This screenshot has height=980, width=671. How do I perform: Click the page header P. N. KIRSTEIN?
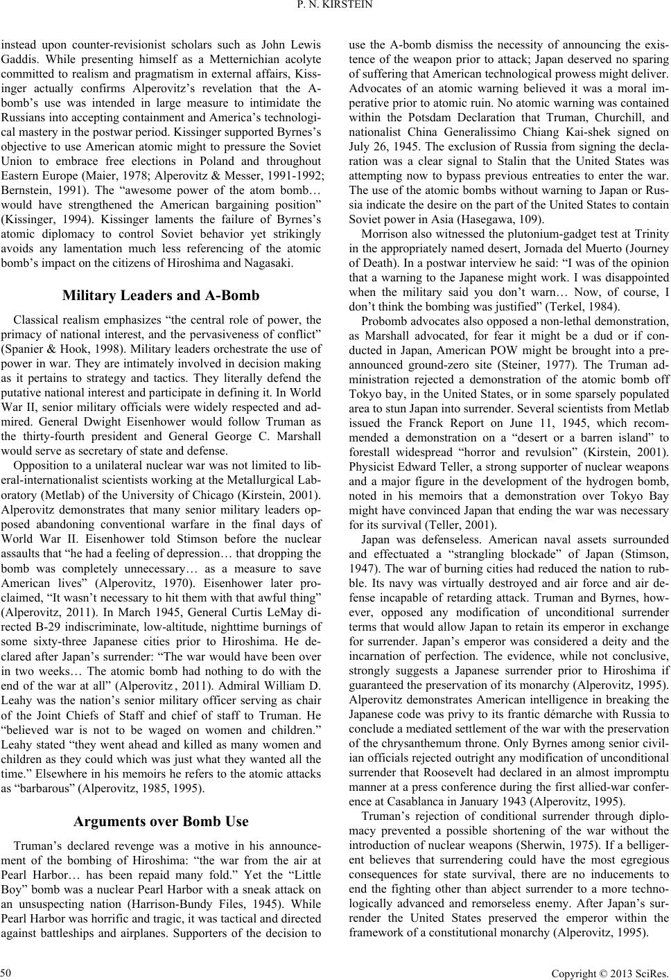335,8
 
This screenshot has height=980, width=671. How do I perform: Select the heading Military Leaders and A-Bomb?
161,295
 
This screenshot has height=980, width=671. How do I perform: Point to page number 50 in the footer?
8,970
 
